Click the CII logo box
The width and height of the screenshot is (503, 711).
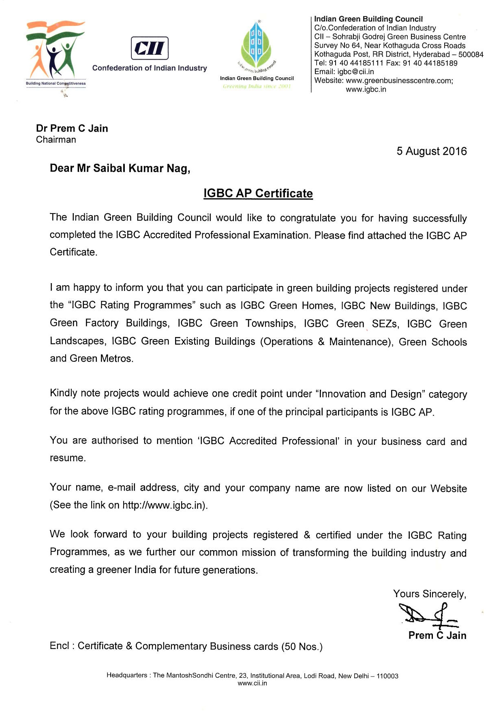click(150, 48)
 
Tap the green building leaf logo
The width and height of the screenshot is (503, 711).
click(256, 45)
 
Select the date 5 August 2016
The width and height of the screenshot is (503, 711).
click(431, 151)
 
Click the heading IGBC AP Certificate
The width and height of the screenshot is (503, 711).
click(258, 193)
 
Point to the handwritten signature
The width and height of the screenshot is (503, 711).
click(427, 615)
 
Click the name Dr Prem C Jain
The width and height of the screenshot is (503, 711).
click(72, 128)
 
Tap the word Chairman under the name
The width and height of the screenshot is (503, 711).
click(56, 140)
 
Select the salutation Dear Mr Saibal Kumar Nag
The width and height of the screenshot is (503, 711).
click(120, 168)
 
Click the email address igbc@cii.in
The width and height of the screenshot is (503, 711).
click(355, 72)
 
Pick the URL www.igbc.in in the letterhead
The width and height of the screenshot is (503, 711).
click(366, 90)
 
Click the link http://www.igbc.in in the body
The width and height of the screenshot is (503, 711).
click(164, 505)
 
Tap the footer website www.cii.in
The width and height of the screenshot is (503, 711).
click(252, 683)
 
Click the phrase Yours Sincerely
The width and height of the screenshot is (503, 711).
click(429, 594)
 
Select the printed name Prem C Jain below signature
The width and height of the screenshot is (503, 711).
click(437, 635)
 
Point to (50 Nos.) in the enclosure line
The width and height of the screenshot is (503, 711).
click(302, 647)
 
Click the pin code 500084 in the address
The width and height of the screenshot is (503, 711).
click(471, 54)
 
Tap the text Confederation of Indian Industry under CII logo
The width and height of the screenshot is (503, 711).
click(150, 68)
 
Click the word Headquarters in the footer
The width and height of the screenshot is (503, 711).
click(127, 675)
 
